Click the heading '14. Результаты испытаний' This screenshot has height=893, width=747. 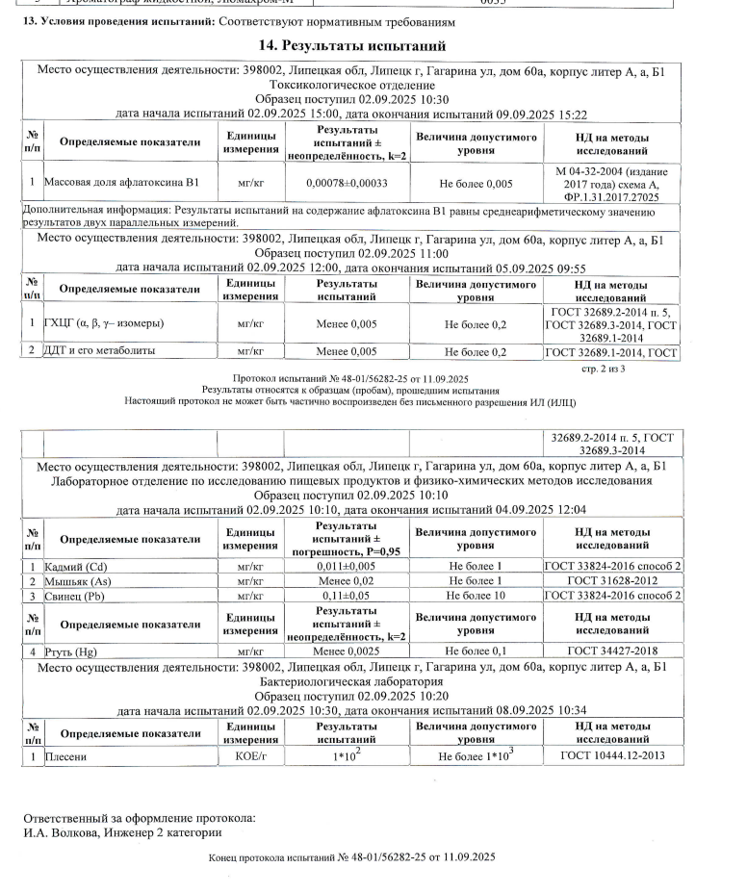point(353,46)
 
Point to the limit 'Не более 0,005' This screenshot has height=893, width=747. point(476,183)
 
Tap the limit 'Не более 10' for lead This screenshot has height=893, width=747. point(476,596)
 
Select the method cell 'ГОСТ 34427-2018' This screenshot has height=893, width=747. point(613,651)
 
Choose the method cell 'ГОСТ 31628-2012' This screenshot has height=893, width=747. point(613,581)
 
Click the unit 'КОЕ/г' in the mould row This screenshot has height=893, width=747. point(249,757)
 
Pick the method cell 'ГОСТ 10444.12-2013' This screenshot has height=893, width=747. point(613,757)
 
